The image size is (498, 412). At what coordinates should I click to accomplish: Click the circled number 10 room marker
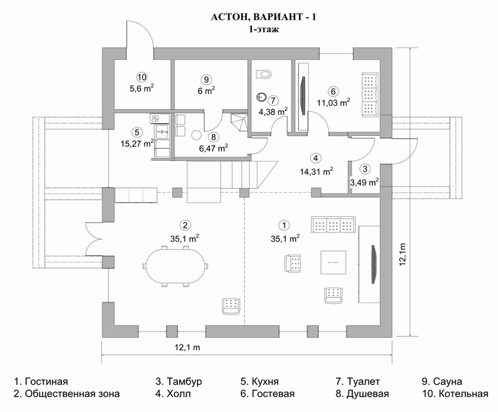[142, 77]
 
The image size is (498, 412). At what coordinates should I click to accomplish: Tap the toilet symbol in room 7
[264, 74]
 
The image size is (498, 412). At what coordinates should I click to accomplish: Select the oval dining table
[176, 266]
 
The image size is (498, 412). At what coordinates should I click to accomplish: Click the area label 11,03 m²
[334, 102]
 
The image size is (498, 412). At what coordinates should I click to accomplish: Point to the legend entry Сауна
[442, 381]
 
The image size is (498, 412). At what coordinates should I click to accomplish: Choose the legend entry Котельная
[455, 394]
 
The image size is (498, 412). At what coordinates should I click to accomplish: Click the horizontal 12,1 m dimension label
[187, 347]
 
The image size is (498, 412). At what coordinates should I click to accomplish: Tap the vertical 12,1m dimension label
[403, 254]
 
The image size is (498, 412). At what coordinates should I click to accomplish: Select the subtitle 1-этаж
[264, 30]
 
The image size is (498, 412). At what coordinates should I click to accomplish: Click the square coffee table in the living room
[333, 263]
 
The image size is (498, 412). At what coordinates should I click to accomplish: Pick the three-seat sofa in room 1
[334, 226]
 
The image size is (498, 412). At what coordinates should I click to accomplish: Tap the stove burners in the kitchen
[155, 119]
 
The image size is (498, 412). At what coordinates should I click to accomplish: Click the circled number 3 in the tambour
[365, 169]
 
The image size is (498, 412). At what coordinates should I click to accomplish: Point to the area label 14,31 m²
[317, 171]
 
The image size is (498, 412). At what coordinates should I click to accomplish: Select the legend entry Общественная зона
[67, 394]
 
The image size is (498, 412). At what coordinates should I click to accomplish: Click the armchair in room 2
[231, 306]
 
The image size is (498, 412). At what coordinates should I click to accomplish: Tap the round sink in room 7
[262, 97]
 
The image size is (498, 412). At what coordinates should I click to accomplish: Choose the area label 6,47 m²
[213, 148]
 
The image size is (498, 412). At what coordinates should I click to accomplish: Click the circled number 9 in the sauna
[206, 79]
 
